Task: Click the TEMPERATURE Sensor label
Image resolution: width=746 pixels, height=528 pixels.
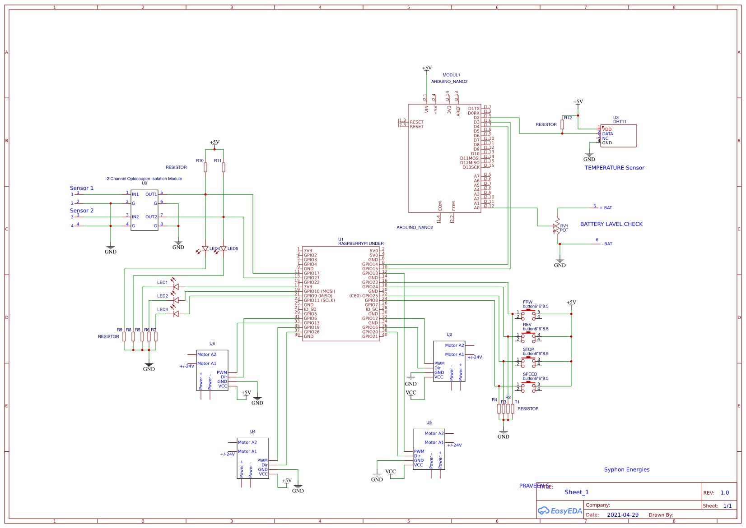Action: (x=614, y=168)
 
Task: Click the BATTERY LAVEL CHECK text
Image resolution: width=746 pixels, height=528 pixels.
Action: (x=611, y=224)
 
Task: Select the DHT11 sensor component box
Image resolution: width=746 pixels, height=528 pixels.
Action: (x=618, y=136)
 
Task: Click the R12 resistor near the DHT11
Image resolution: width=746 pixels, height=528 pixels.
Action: (x=562, y=124)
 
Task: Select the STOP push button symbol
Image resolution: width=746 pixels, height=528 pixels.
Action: (x=528, y=361)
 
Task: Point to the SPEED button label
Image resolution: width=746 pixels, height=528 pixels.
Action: (x=530, y=374)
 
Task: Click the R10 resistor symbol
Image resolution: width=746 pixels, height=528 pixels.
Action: (x=205, y=168)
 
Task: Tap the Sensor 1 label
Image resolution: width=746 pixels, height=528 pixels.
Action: (x=82, y=188)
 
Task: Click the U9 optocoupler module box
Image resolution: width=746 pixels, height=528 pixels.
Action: (x=145, y=210)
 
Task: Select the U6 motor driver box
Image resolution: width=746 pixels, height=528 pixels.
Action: (x=212, y=370)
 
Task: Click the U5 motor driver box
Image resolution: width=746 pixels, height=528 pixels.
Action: (x=429, y=449)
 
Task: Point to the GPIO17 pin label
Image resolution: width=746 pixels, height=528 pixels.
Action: (x=312, y=273)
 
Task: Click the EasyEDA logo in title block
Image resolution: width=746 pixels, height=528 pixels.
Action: (x=559, y=511)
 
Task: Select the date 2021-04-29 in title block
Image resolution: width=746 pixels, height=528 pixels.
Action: (x=622, y=515)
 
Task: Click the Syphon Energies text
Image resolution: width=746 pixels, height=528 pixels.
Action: (x=626, y=469)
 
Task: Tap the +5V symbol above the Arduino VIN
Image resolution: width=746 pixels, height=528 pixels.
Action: (x=427, y=68)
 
